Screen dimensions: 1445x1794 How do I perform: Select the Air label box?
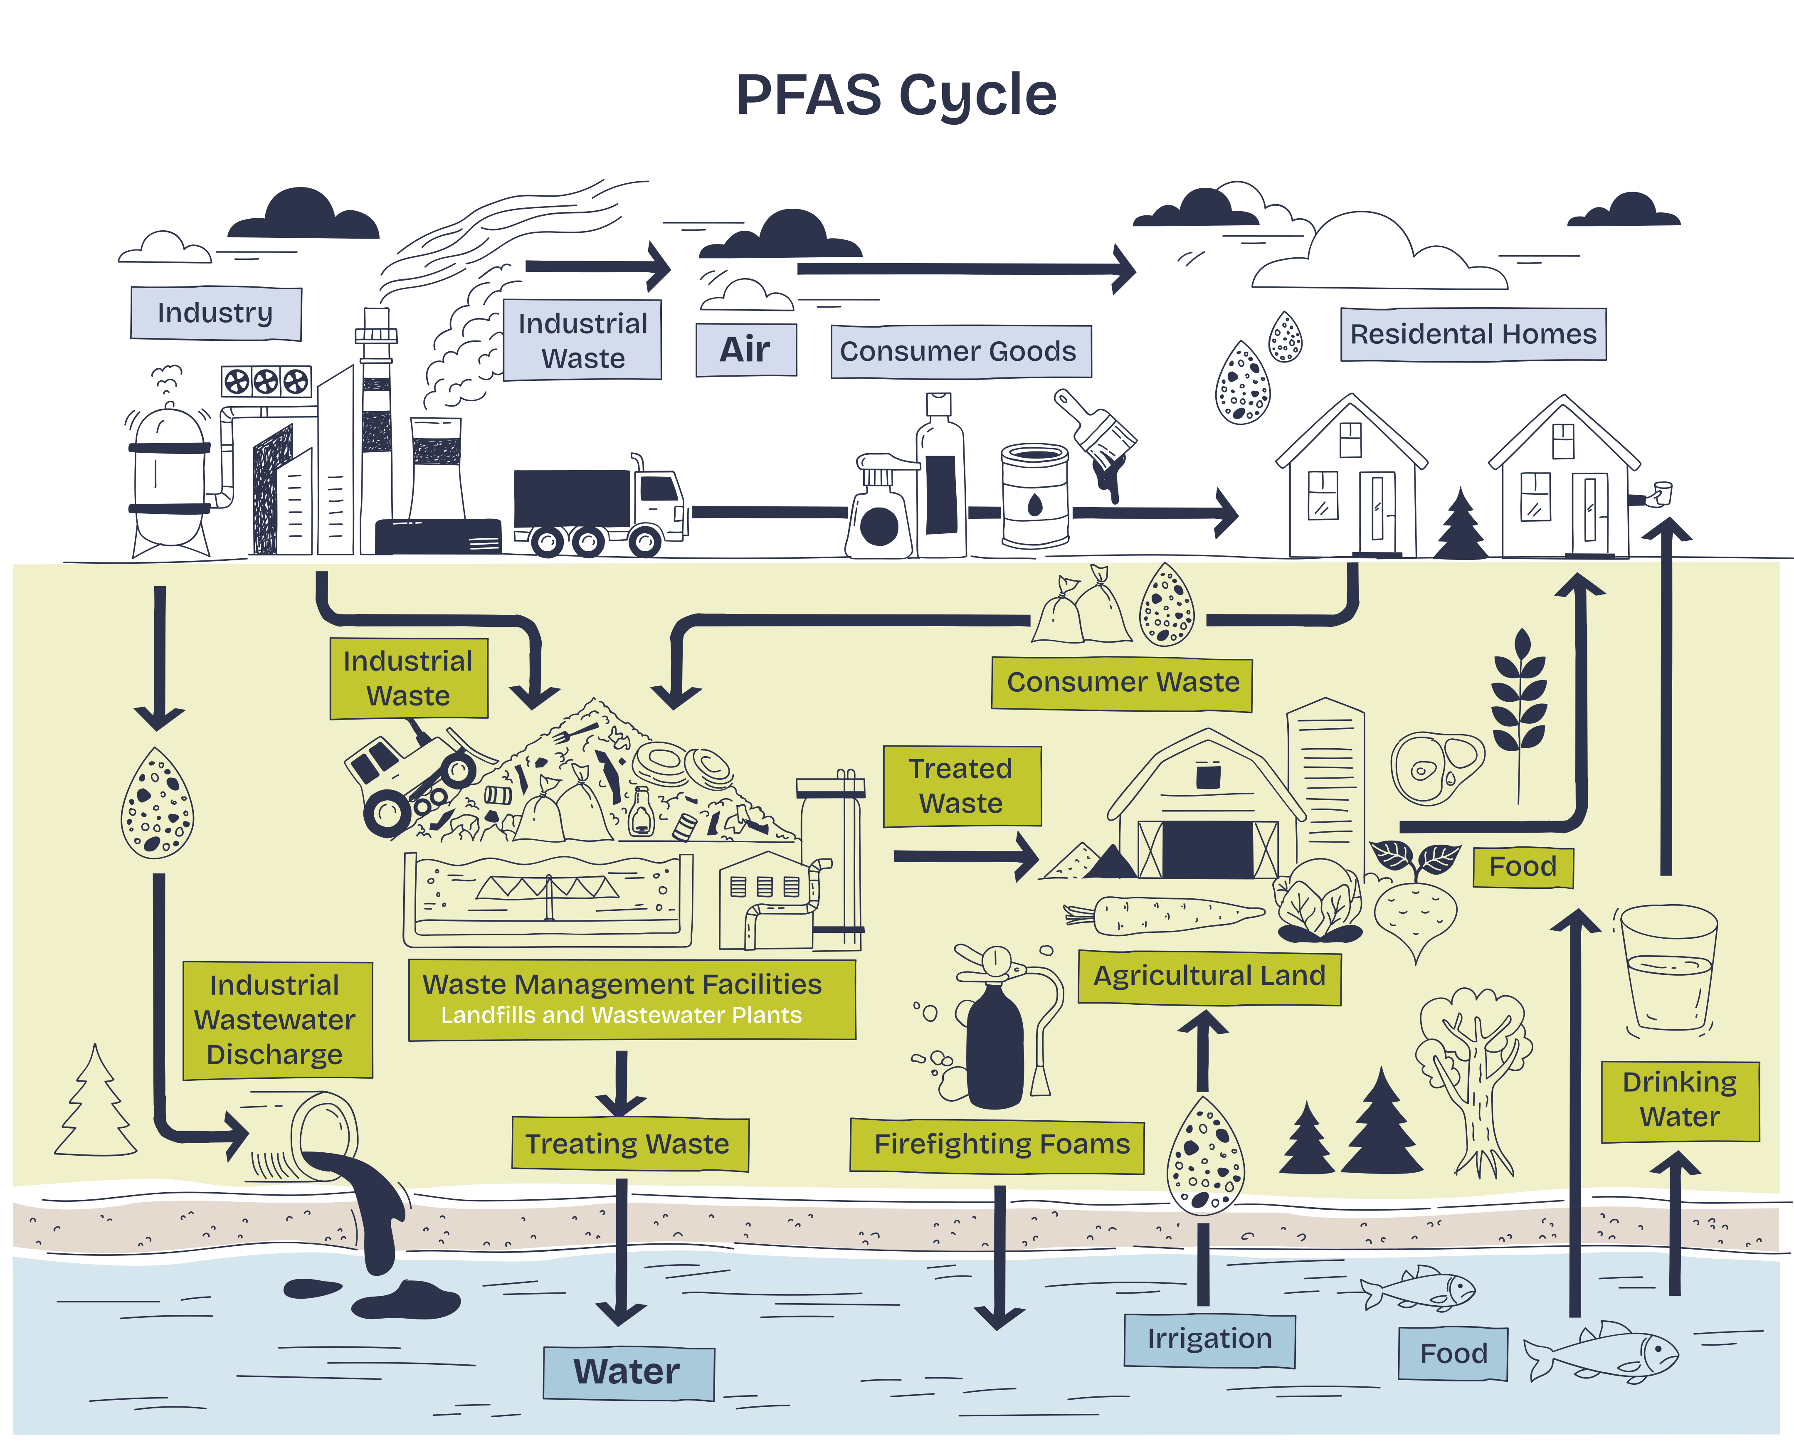(745, 350)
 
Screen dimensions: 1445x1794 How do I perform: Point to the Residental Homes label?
(1473, 334)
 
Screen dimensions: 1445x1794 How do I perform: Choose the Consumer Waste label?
(1122, 683)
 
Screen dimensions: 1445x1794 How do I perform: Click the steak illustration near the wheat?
(1436, 766)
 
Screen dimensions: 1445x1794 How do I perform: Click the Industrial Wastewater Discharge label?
(276, 1020)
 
